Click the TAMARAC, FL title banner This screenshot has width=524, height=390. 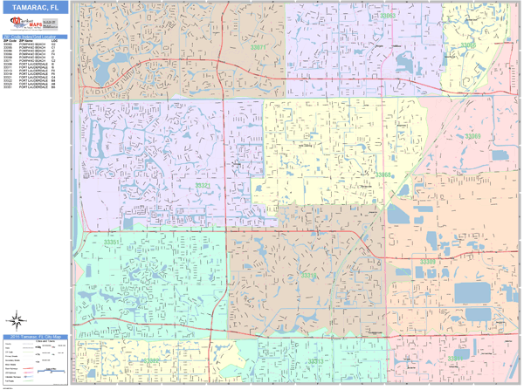coord(35,7)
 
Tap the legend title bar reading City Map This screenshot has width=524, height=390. coord(35,336)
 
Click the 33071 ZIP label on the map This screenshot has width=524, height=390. coord(259,46)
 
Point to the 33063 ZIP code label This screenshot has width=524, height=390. coord(387,16)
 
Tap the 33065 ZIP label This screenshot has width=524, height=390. coord(468,44)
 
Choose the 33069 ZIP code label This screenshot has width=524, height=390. coord(472,136)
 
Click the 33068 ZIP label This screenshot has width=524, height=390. coord(383,174)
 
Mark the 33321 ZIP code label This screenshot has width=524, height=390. coord(202,186)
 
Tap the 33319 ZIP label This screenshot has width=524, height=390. coord(310,275)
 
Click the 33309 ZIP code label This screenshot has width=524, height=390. coord(427,261)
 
